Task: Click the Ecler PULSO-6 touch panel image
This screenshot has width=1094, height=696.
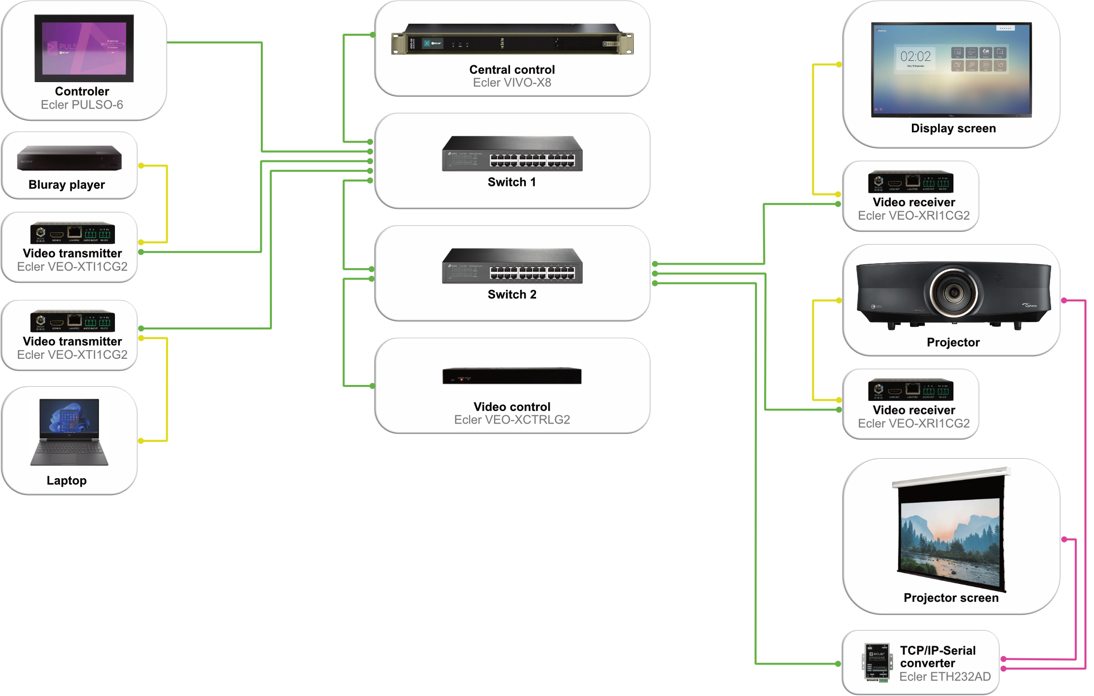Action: point(84,48)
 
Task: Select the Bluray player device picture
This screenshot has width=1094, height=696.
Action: point(69,158)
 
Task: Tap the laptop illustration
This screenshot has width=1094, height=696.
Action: point(69,432)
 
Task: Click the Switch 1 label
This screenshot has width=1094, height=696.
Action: point(511,182)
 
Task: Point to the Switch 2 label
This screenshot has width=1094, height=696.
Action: point(511,295)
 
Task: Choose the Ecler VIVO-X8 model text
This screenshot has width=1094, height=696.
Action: point(511,83)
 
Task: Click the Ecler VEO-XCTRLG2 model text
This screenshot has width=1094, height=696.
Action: point(511,420)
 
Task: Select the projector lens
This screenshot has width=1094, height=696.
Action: point(953,292)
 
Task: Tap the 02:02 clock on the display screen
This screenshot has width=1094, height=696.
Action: point(915,57)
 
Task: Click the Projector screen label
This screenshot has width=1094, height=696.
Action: point(951,598)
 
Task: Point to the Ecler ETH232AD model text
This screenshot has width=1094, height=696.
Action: point(944,677)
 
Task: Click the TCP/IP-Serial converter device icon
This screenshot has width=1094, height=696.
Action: point(876,662)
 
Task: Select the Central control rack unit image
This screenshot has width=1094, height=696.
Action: point(511,40)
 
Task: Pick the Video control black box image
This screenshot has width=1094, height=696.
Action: point(511,376)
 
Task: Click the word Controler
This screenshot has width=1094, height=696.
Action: point(82,91)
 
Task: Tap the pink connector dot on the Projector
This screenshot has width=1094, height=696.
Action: point(1064,300)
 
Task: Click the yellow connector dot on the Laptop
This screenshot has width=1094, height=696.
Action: point(141,440)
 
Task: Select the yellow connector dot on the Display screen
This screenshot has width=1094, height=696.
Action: point(839,65)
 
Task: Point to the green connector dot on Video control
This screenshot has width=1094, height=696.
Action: point(372,386)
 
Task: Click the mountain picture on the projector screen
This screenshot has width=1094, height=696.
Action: point(950,541)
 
